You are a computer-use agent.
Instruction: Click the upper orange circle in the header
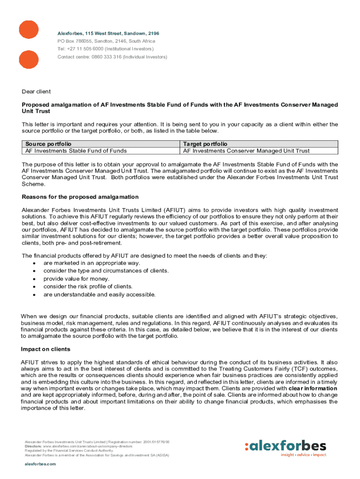[x=28, y=29]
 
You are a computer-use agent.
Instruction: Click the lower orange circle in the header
[x=28, y=59]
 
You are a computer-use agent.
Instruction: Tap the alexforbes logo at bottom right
[x=285, y=446]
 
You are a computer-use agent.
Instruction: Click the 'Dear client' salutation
[x=36, y=91]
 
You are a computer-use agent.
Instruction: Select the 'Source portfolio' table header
[x=49, y=144]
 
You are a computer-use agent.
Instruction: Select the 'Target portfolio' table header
[x=205, y=144]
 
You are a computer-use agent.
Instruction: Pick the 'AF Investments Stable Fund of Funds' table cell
[x=76, y=151]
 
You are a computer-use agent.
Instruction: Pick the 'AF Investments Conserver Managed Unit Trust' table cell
[x=246, y=151]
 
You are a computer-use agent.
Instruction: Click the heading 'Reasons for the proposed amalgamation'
[x=80, y=197]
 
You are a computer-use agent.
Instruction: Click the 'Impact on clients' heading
[x=46, y=349]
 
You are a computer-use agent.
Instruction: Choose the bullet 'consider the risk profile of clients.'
[x=88, y=286]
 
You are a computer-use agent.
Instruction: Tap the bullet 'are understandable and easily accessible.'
[x=100, y=294]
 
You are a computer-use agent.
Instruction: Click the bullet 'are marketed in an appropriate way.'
[x=92, y=263]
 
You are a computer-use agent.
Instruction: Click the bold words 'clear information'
[x=313, y=388]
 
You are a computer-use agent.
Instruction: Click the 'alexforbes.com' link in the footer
[x=40, y=464]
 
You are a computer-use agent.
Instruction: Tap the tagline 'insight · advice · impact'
[x=303, y=455]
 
